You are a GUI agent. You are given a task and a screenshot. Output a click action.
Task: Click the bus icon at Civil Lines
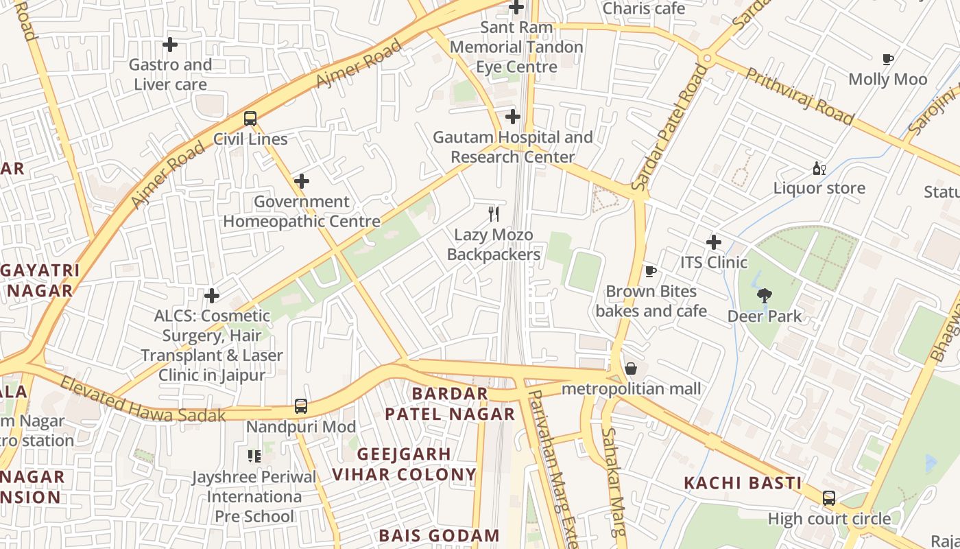[x=250, y=119]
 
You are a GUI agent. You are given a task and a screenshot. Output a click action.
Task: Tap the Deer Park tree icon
[x=764, y=296]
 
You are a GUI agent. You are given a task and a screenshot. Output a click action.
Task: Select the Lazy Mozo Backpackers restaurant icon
[x=494, y=214]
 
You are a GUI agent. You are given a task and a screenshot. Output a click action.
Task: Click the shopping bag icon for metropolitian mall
[x=631, y=369]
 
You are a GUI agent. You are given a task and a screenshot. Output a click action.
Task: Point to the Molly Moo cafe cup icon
[x=888, y=60]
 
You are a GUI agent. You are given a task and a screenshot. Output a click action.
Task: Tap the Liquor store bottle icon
[x=819, y=168]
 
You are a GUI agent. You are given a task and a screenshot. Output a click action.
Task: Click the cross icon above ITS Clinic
[x=714, y=242]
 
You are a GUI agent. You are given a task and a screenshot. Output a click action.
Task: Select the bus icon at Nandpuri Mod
[x=301, y=406]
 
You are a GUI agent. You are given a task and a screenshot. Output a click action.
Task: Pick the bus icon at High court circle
[x=829, y=498]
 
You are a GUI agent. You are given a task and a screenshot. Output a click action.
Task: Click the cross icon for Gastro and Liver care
[x=170, y=45]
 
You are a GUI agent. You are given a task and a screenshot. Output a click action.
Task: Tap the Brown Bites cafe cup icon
[x=651, y=272]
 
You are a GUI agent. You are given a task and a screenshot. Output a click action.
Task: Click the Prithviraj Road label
[x=800, y=96]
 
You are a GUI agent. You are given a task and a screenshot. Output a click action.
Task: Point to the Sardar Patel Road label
[x=669, y=128]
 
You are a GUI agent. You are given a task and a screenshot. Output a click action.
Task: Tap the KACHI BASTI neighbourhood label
[x=743, y=483]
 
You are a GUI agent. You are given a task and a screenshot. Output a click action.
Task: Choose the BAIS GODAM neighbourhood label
[x=439, y=535]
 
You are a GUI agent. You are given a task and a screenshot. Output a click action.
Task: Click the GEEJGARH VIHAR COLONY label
[x=404, y=464]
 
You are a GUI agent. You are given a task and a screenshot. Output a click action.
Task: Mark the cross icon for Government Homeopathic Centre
[x=302, y=182]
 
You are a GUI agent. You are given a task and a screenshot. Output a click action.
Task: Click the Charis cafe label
[x=643, y=8]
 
